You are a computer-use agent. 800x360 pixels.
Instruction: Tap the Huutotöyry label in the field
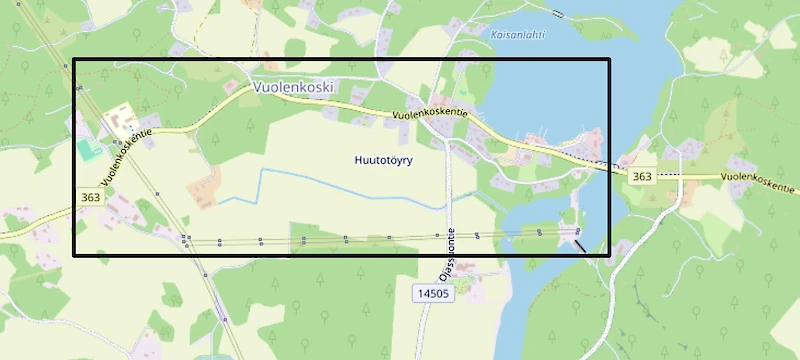coord(384,160)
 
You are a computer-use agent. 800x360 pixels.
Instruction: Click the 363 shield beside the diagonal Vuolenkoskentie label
coord(90,198)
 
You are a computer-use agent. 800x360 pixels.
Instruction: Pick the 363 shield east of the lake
coord(642,176)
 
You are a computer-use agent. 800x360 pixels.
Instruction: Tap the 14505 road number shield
coord(433,292)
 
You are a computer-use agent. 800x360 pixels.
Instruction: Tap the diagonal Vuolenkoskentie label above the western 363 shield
coord(128,154)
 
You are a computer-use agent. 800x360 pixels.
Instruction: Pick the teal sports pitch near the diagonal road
coord(89,151)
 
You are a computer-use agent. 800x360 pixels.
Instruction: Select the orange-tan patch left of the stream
coord(204,186)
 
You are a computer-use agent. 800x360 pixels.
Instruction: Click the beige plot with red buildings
coord(121,121)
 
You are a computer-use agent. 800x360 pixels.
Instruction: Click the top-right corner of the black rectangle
coord(608,60)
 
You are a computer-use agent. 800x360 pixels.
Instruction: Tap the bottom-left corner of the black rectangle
coord(75,254)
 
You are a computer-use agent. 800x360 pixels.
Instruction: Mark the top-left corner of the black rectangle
coord(75,60)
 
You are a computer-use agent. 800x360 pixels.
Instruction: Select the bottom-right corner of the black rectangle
coord(608,254)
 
